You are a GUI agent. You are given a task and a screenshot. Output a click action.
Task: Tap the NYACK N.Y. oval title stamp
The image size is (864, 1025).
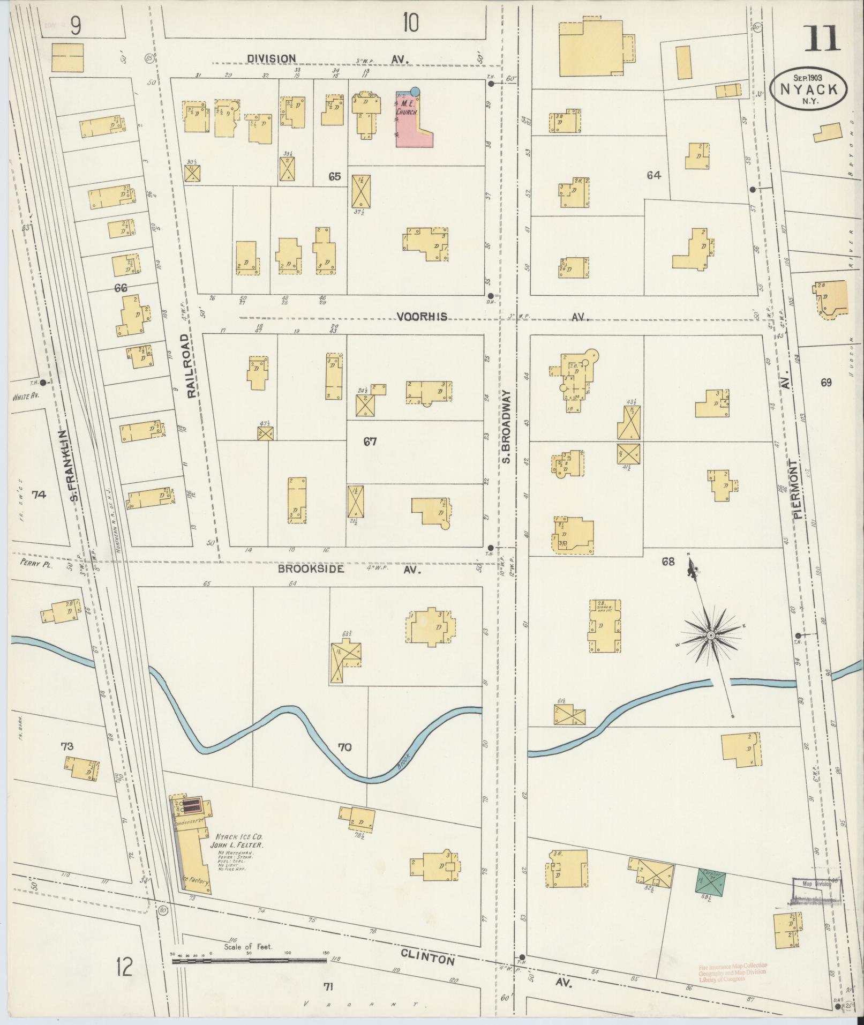coord(809,89)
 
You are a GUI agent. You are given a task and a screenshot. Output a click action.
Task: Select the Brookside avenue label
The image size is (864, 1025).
coord(311,569)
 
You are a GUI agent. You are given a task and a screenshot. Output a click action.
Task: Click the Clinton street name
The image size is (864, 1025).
coord(427,957)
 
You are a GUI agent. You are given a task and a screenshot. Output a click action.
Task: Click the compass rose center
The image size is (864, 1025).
coord(710,635)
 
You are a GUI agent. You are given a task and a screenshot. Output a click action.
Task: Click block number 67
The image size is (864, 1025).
coord(370,442)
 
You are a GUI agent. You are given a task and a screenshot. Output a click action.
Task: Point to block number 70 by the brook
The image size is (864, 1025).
coord(345,747)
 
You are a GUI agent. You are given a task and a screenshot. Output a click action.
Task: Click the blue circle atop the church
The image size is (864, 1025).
coord(415,91)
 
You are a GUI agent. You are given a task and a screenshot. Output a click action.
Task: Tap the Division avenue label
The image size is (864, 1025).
coord(272,58)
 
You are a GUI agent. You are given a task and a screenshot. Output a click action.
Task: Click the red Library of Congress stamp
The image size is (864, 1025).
coord(733,971)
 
